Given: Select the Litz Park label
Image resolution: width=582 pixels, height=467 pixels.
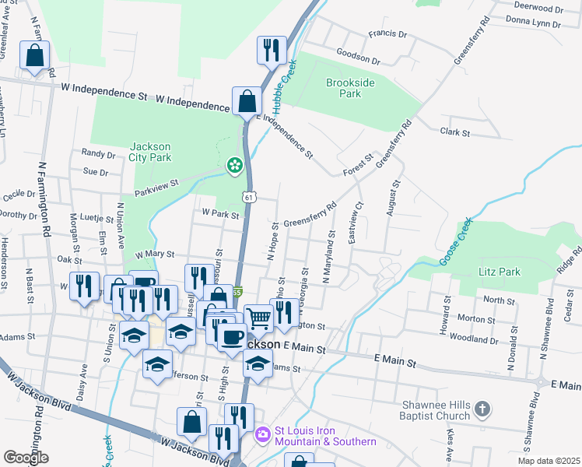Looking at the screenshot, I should pos(498,272).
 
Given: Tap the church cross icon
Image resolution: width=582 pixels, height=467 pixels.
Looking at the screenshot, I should pos(482,409).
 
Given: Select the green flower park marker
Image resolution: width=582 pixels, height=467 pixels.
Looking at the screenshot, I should pos(233,165).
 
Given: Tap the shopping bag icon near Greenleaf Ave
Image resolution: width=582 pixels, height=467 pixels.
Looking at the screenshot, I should pos(34,55).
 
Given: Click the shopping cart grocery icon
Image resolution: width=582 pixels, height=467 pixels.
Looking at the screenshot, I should pos(258,316).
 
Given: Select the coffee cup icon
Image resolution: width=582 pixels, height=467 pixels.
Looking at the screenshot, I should pos(230,337).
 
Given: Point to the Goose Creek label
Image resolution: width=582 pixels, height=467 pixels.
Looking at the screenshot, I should pos(455,241).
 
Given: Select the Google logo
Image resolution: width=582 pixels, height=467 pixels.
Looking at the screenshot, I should pos(26,458).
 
